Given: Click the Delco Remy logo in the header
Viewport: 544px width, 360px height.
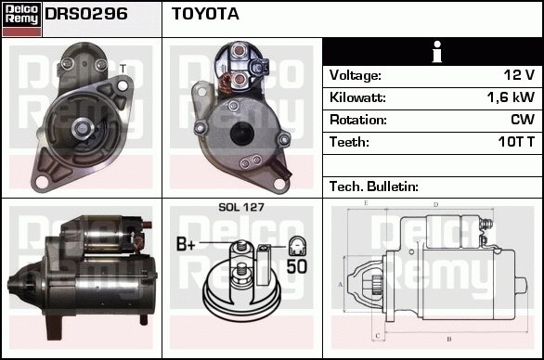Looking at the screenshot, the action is point(21,19).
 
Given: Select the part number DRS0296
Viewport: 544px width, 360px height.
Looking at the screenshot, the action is point(86,14).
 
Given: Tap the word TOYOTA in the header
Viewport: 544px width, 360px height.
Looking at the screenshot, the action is point(205,14).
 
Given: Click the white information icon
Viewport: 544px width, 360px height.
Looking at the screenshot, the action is point(437,52).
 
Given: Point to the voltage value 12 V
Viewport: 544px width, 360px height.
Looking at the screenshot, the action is point(519,75).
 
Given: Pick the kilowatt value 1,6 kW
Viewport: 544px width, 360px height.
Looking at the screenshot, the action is point(511,97).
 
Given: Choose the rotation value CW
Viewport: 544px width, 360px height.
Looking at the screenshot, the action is point(523,120).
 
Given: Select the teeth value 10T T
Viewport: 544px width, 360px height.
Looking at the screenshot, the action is point(516,142).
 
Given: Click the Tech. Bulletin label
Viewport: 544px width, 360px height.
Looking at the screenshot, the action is point(374,186).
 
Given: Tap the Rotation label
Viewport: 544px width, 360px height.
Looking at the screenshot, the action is point(358,120).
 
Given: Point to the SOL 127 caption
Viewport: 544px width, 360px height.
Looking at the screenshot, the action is point(241,207).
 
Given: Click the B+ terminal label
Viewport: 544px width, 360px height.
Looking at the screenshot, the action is point(186,244).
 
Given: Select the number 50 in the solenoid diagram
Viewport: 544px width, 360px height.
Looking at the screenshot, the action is point(297,266).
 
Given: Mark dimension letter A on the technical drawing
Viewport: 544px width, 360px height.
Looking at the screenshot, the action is point(340,285).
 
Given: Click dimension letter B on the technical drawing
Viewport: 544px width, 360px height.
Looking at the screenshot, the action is point(449,339).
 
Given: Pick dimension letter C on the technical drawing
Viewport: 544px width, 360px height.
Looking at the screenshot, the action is point(378,336).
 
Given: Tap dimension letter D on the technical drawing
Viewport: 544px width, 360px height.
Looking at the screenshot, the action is point(435,205).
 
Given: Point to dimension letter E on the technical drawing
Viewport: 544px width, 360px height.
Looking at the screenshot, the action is point(366,203).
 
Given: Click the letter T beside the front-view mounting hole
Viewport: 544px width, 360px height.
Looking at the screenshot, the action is point(123,69).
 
